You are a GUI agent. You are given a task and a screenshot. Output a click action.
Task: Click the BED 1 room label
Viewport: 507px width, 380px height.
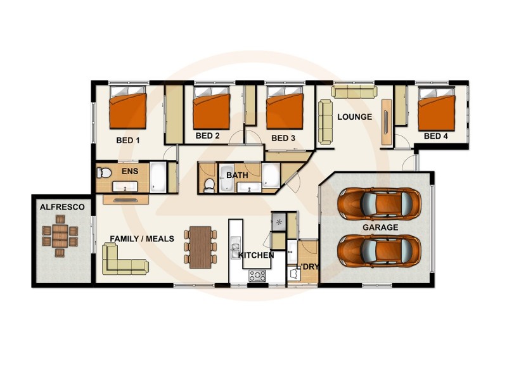coord(128,141)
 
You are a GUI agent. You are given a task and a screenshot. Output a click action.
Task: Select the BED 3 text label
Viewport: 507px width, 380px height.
coord(283,138)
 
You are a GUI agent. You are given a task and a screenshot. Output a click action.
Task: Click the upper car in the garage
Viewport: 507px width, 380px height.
coord(379,203)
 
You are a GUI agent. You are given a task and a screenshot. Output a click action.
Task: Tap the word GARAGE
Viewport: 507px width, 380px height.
coord(380,227)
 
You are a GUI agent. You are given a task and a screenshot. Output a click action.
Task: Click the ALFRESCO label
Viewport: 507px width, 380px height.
coord(58,207)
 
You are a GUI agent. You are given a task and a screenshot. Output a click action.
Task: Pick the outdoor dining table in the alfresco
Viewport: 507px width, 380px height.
coord(60,236)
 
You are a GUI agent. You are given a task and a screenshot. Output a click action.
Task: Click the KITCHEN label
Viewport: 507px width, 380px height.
coord(256,255)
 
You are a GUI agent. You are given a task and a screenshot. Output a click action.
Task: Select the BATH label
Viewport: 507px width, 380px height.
coord(237,175)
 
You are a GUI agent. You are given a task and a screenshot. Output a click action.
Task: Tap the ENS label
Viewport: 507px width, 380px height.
coord(129,171)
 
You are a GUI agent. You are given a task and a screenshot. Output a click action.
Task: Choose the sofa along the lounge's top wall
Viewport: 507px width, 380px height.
coord(354,92)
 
